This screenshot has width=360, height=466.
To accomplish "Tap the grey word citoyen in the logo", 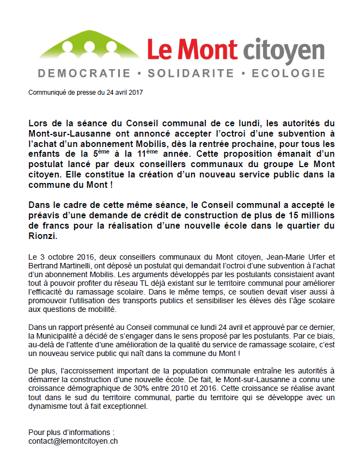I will [284, 51].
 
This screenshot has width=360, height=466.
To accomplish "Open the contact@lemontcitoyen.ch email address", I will [73, 441].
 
